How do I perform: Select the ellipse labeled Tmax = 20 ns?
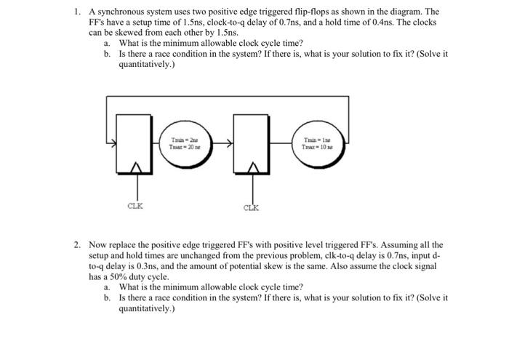(x=182, y=145)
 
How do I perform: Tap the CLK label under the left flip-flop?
(x=135, y=206)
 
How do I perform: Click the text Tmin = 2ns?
(x=182, y=140)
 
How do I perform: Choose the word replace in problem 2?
(x=123, y=246)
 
